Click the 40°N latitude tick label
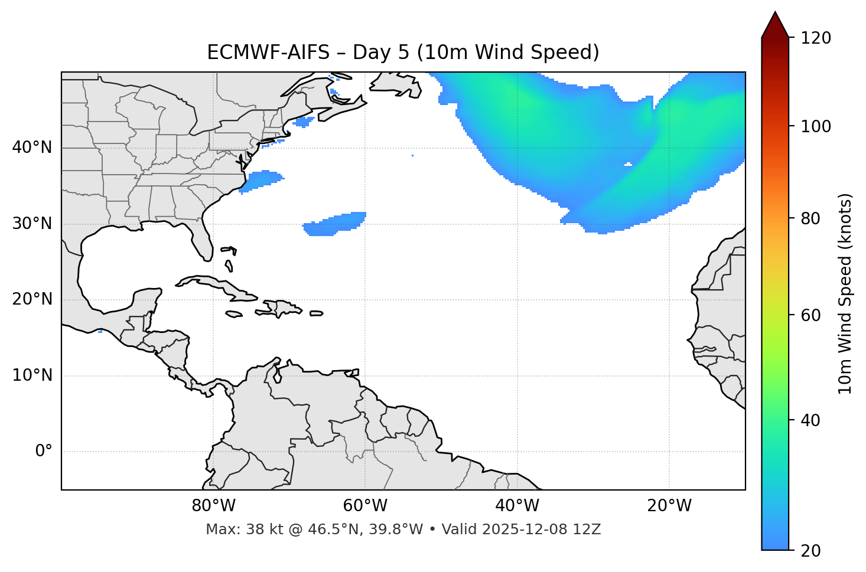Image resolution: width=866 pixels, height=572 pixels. pos(32,148)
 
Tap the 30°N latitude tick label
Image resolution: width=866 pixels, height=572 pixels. pos(32,224)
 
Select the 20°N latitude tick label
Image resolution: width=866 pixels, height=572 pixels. pos(32,299)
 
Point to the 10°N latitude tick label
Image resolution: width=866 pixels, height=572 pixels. pos(32,375)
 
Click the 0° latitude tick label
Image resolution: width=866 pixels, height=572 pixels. pos(44,452)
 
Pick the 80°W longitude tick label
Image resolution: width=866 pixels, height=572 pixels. pos(213,506)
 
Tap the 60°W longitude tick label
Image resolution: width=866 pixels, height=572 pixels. pos(365,506)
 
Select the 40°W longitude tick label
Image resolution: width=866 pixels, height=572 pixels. pos(517,506)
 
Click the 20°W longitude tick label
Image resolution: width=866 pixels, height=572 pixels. pos(669,506)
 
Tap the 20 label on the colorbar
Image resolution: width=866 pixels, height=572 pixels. pos(810,551)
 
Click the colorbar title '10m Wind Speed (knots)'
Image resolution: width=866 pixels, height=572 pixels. pos(845,294)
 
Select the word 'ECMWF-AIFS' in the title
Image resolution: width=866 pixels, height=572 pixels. pos(268,53)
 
